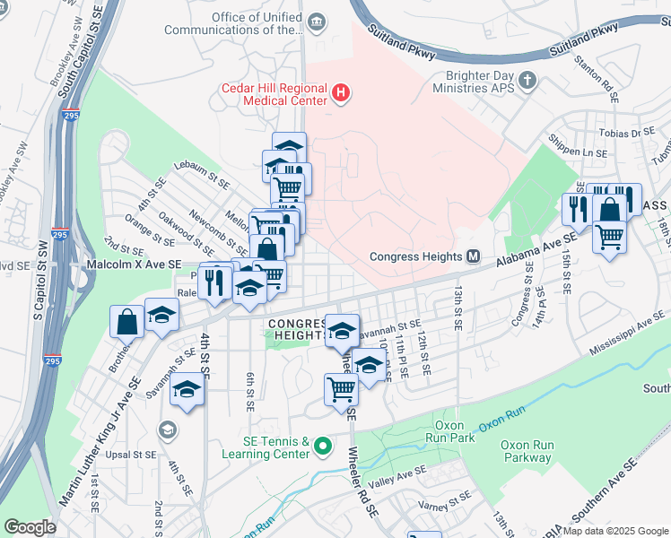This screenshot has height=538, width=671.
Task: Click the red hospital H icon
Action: pyautogui.click(x=341, y=92)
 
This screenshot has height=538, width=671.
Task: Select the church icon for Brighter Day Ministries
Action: pyautogui.click(x=528, y=80)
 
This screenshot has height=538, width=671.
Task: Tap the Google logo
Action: pyautogui.click(x=30, y=527)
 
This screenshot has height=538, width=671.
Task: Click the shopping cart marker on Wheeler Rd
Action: pyautogui.click(x=342, y=390)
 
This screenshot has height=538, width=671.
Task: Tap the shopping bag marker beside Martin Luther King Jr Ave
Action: pyautogui.click(x=127, y=320)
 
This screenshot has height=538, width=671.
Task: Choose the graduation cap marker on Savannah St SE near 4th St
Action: pyautogui.click(x=187, y=391)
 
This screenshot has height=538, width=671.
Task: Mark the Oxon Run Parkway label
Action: pyautogui.click(x=526, y=451)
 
